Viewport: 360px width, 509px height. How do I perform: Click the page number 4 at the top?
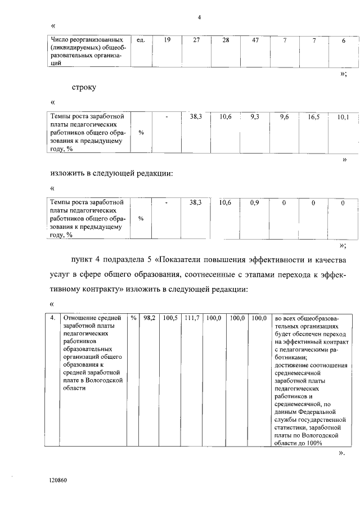pyautogui.click(x=199, y=17)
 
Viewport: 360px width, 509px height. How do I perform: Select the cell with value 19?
pyautogui.click(x=167, y=40)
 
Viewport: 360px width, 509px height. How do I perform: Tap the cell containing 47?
pyautogui.click(x=255, y=40)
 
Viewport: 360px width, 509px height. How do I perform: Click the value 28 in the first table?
pyautogui.click(x=226, y=40)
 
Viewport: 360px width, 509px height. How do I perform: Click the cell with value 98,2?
pyautogui.click(x=149, y=318)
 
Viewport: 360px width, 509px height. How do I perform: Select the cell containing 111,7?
pyautogui.click(x=192, y=318)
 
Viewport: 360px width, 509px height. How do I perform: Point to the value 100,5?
pyautogui.click(x=170, y=318)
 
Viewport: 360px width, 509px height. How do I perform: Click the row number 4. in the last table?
pyautogui.click(x=52, y=318)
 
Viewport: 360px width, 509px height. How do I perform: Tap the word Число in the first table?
pyautogui.click(x=60, y=40)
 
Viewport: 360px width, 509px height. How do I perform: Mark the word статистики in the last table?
pyautogui.click(x=294, y=427)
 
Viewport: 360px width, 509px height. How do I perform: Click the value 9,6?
pyautogui.click(x=284, y=117)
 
